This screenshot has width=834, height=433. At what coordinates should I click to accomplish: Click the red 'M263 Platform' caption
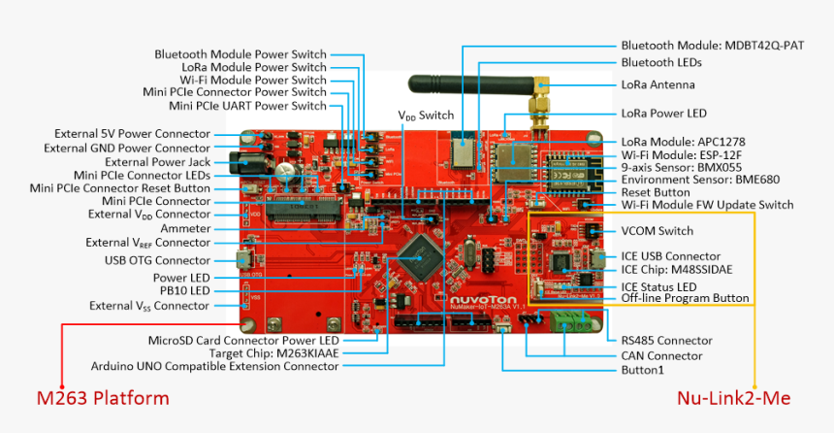point(102,398)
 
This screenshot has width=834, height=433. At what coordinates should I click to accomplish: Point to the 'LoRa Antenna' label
point(658,84)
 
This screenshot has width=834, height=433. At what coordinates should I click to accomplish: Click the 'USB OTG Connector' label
point(157,260)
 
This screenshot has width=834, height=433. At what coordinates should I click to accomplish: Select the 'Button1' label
point(642,370)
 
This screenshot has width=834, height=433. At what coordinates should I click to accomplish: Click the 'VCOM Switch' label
point(657,231)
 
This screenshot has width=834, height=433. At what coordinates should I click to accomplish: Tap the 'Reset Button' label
point(656,192)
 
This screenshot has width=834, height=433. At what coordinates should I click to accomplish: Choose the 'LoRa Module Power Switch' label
point(255,67)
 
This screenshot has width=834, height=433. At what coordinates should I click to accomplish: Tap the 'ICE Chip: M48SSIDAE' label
point(678,270)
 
